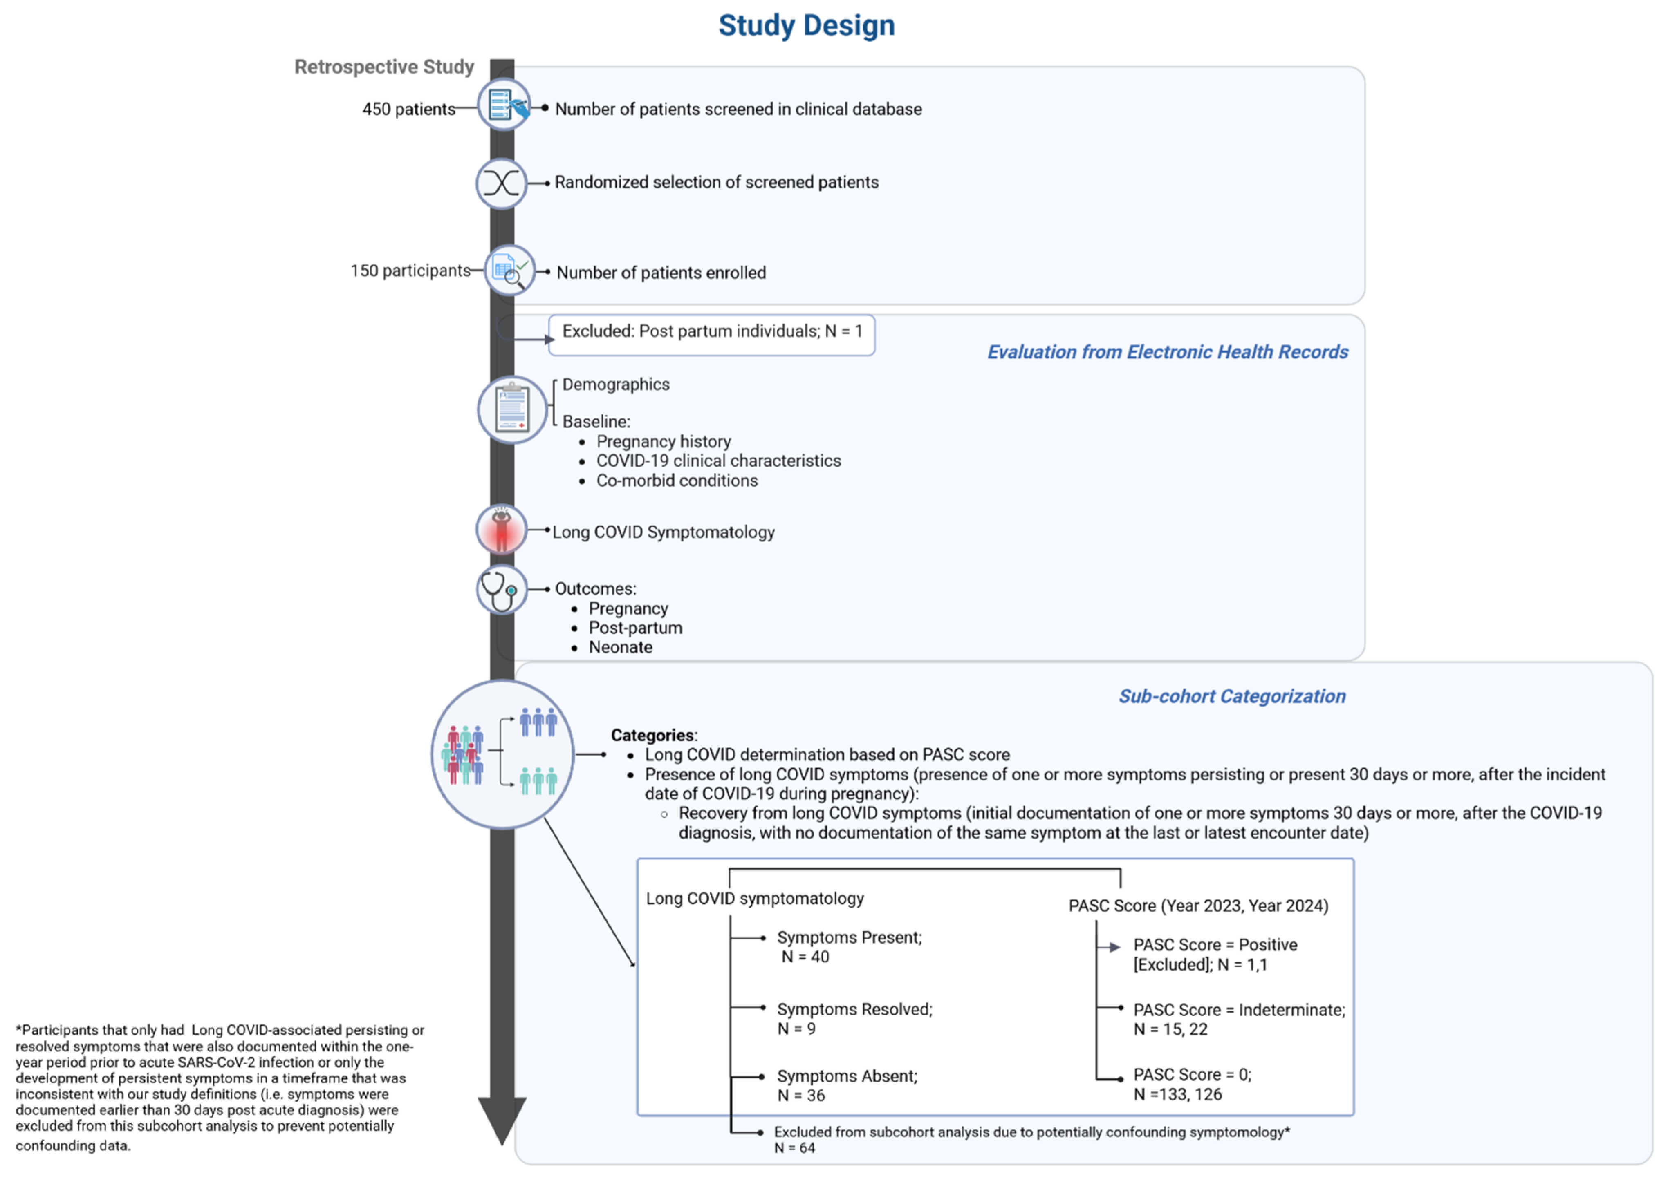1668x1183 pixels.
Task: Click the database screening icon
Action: click(504, 105)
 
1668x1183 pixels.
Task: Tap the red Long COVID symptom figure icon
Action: click(501, 530)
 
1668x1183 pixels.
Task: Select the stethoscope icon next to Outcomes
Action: click(501, 589)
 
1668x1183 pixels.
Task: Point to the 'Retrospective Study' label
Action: click(384, 67)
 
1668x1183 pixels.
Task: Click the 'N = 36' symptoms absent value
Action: click(801, 1096)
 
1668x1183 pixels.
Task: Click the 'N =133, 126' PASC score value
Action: click(1177, 1094)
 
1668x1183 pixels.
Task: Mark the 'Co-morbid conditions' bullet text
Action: click(677, 481)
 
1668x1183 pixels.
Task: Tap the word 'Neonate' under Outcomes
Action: click(620, 648)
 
